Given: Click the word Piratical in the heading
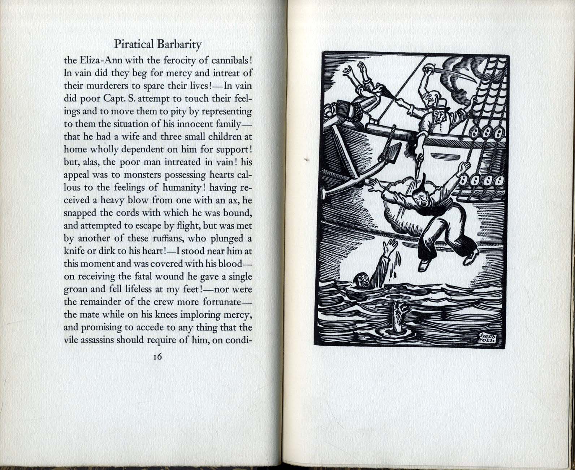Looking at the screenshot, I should pos(134,44).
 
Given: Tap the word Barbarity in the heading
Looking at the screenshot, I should pos(179,45).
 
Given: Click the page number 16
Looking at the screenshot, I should pos(157,357).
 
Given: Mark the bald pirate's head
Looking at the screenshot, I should pos(429,97).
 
